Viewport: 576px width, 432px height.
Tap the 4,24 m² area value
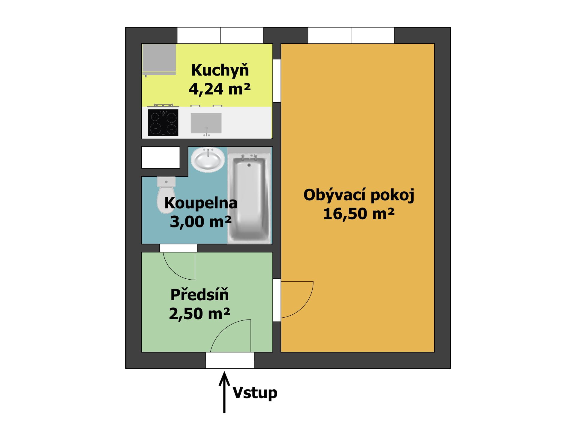point(220,89)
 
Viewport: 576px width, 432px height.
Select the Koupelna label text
point(201,203)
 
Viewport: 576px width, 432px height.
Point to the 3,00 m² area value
point(201,222)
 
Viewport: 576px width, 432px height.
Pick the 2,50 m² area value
point(199,313)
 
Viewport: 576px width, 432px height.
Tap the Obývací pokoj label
point(359,195)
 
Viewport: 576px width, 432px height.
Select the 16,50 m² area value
point(359,214)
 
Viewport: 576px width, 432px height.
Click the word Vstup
point(255,393)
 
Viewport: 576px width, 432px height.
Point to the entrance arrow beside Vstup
point(224,392)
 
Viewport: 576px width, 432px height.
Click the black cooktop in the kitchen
point(163,122)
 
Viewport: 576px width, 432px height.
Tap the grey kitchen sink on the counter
point(206,123)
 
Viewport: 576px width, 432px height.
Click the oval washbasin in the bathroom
point(208,159)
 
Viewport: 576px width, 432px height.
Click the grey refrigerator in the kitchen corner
point(159,59)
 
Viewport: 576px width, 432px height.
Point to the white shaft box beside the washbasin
point(161,157)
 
